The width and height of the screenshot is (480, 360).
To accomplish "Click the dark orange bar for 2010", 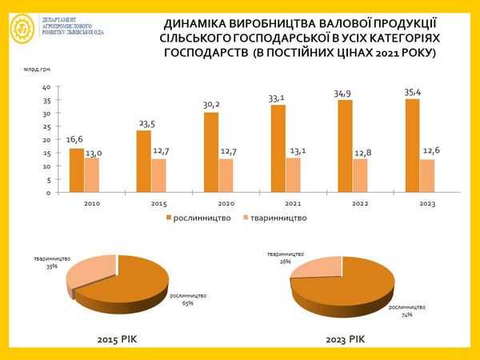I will pyautogui.click(x=75, y=170).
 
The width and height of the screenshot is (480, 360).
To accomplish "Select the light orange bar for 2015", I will pyautogui.click(x=158, y=175).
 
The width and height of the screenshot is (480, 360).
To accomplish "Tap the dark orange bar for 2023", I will pyautogui.click(x=412, y=146).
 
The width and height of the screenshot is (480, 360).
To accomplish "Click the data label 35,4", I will pyautogui.click(x=414, y=92).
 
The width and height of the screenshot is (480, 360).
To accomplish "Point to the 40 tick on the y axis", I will pyautogui.click(x=46, y=87).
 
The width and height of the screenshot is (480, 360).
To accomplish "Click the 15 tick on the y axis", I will pyautogui.click(x=46, y=153).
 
